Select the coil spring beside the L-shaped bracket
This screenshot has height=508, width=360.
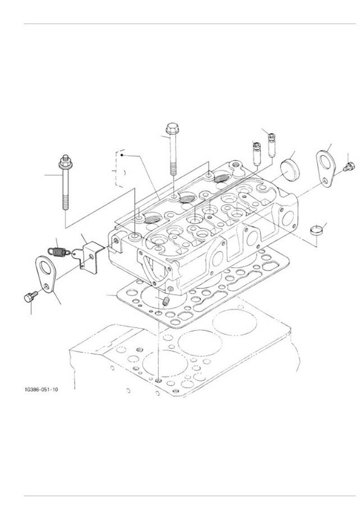pyautogui.click(x=58, y=252)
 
